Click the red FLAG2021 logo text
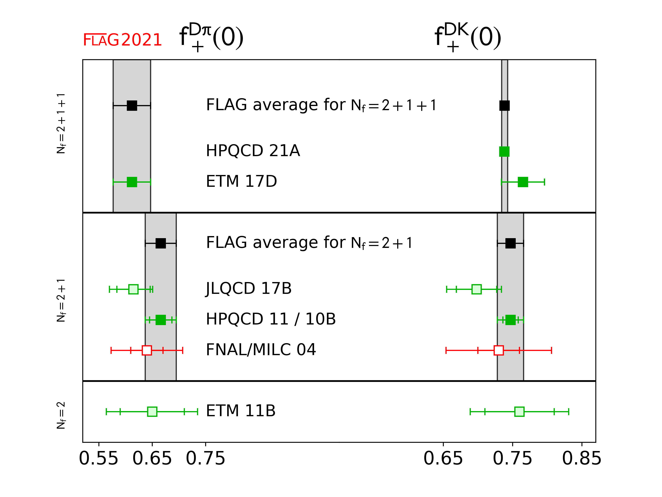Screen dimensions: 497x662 (x=122, y=40)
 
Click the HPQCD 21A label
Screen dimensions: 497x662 (x=253, y=151)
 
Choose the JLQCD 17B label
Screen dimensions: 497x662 (x=249, y=288)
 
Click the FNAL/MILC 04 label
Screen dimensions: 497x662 (x=261, y=350)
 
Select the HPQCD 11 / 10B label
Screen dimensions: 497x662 (x=271, y=319)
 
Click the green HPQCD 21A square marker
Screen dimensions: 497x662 (x=504, y=152)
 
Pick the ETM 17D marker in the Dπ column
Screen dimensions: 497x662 (x=132, y=182)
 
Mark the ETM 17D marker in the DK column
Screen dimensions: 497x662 (x=523, y=182)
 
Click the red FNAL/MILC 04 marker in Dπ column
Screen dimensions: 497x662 (x=147, y=350)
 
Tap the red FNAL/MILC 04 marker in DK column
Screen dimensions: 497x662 (x=499, y=350)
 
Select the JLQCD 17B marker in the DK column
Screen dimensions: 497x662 (x=476, y=289)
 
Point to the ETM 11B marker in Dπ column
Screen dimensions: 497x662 (x=152, y=412)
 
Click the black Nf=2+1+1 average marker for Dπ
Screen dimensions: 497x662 (x=132, y=105)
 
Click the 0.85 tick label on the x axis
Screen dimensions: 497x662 (x=582, y=459)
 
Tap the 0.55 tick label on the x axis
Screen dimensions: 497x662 (x=98, y=459)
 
